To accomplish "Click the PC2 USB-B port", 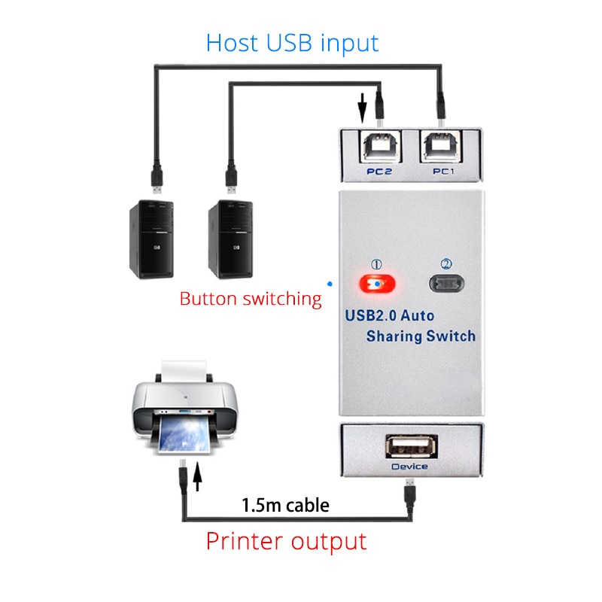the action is point(381,147).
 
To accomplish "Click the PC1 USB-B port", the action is point(442,147).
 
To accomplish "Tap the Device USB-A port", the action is point(412,446).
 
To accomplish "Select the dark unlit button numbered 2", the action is point(446,284).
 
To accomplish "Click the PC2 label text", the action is point(379,172).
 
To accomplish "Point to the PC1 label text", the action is point(443,172).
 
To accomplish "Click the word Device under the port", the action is point(409,467).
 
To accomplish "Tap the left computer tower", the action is point(152,239).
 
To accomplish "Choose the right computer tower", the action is point(230,239).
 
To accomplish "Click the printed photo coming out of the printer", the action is point(184,434).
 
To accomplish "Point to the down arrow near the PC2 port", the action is point(362,108).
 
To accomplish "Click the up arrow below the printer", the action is point(197,476).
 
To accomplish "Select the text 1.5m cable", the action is point(285,505).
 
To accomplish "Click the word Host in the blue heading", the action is point(232,43).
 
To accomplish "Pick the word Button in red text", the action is point(208,299).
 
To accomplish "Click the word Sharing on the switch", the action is point(394,336).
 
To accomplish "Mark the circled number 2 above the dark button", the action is point(446,264).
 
